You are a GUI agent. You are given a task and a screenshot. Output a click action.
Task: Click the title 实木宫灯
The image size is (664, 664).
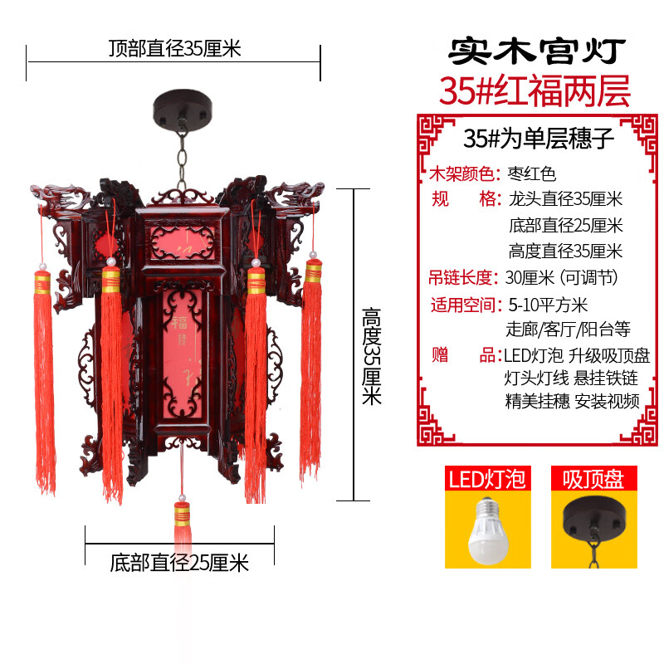[535, 51]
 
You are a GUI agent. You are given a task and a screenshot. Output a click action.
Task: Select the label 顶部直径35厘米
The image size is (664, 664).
[173, 48]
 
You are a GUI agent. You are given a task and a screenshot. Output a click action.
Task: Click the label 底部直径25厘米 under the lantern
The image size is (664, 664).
[179, 564]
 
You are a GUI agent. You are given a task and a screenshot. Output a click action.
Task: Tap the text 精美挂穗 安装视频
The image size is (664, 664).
[573, 402]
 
